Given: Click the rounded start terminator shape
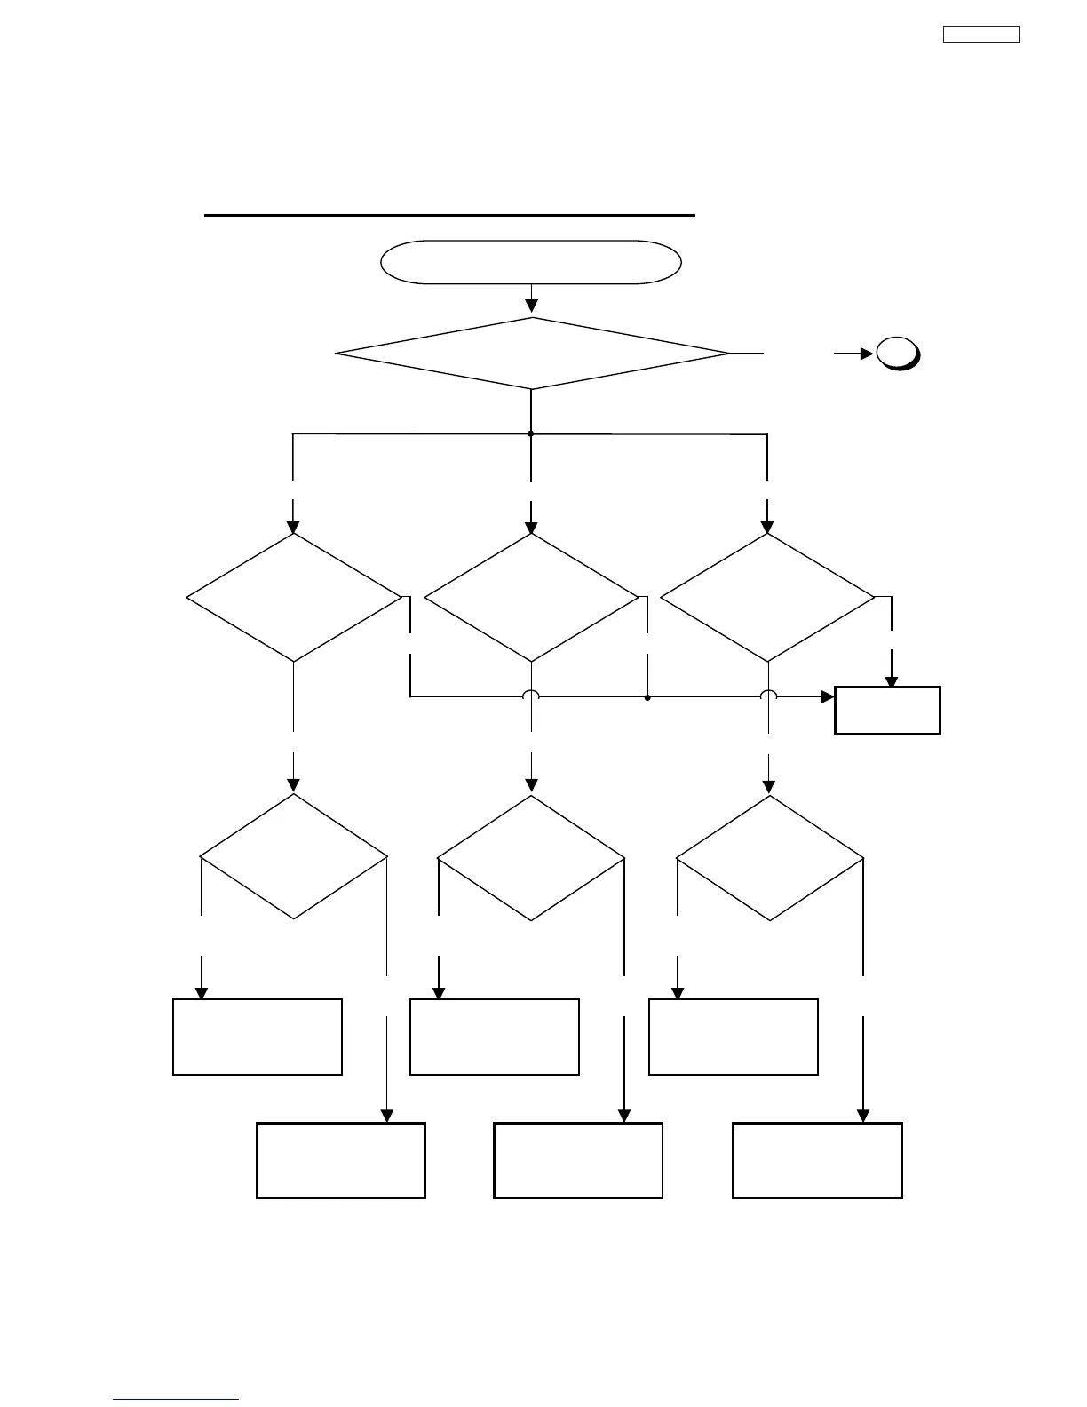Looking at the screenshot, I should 530,262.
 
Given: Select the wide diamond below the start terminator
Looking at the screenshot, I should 531,354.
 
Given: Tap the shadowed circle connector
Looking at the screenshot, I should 897,354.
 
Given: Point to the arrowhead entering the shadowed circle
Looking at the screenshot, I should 868,354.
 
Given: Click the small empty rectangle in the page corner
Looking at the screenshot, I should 980,35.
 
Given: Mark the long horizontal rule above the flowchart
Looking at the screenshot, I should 449,215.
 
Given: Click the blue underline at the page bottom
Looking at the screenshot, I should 176,1400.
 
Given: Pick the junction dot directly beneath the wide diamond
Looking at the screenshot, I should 531,433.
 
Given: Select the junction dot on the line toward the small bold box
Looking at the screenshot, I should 647,698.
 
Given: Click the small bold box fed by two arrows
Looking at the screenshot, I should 887,710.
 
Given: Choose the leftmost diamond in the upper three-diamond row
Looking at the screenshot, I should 294,598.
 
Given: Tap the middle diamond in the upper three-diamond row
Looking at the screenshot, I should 531,598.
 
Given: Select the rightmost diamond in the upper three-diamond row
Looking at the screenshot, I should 767,598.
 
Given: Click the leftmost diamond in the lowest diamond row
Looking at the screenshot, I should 294,856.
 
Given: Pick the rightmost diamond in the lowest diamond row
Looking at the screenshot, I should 769,858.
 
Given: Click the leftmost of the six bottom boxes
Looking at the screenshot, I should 258,1037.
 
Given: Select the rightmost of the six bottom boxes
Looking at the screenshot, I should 817,1160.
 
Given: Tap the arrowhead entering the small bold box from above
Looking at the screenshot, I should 891,680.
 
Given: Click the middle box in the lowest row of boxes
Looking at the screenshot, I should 578,1160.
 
